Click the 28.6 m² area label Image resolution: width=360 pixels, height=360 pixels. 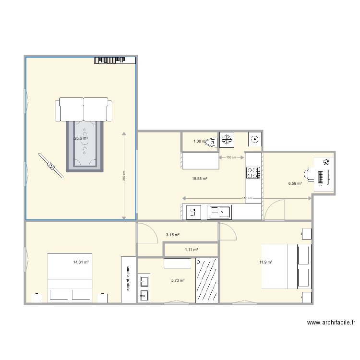[81, 138]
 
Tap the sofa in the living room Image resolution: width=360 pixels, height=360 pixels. [84, 109]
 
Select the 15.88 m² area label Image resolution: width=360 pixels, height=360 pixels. [200, 179]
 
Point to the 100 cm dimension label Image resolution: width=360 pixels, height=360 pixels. [231, 157]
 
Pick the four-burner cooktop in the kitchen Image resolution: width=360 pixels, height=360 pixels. [253, 173]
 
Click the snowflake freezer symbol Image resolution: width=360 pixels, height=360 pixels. [226, 139]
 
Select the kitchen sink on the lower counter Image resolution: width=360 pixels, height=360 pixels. [219, 212]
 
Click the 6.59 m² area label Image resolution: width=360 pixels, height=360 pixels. [295, 183]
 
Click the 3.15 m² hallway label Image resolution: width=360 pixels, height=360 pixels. [173, 235]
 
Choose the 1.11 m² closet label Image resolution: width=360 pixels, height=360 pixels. [192, 250]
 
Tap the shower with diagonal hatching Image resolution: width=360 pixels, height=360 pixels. [207, 281]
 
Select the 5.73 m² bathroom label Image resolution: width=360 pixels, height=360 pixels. [178, 280]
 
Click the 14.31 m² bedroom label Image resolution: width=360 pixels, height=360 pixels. [81, 263]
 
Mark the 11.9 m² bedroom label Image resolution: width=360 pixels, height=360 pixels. [266, 263]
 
